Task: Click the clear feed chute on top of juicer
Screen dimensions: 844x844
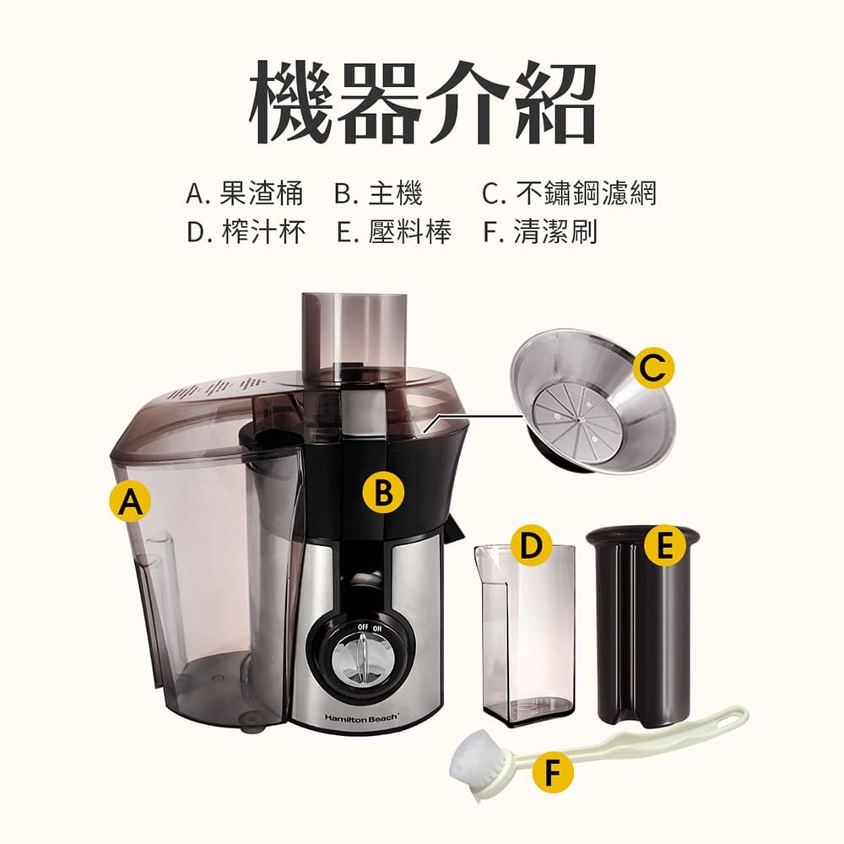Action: coord(354,333)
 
